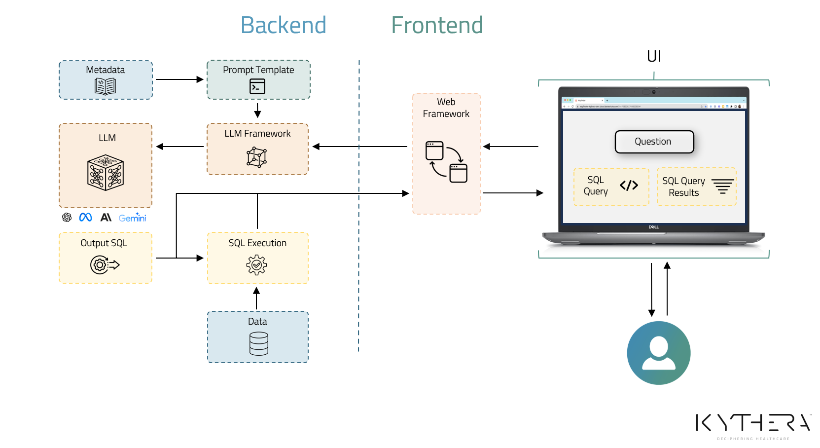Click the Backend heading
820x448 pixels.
pos(284,25)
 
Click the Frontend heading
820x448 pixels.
pos(437,25)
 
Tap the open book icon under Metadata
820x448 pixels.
pos(105,86)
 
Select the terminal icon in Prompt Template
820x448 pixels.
pos(257,86)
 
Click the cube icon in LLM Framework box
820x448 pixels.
pos(257,157)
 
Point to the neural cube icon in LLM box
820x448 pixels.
pos(105,173)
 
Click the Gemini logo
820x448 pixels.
pos(132,218)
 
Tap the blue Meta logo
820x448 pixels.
pos(85,217)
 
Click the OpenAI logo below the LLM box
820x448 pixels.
pos(67,218)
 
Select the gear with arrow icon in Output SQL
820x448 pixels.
pos(105,265)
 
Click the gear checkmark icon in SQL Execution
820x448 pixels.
pos(257,265)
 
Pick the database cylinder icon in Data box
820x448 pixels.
pos(258,343)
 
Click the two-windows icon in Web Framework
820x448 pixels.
pos(446,162)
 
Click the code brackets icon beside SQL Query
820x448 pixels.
pos(629,186)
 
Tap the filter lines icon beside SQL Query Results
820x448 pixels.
pos(722,186)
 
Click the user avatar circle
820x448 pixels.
pos(658,353)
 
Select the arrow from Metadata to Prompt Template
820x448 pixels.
pos(179,79)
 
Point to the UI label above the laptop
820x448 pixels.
pos(654,56)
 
